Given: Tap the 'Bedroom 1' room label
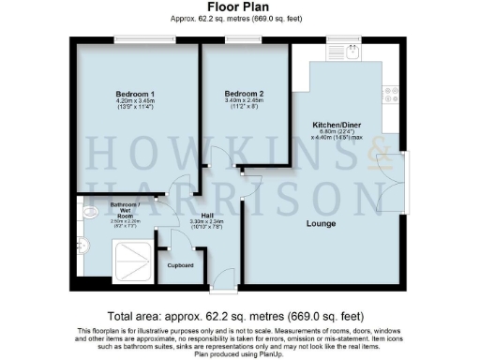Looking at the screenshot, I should (x=135, y=95).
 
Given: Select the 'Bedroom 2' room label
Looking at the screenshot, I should (x=244, y=95).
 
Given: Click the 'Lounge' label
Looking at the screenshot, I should (x=322, y=223).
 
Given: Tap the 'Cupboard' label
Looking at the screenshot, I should (x=180, y=265).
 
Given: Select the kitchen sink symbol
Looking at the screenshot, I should (x=352, y=52).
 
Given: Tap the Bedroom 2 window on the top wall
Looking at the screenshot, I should (x=246, y=38).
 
